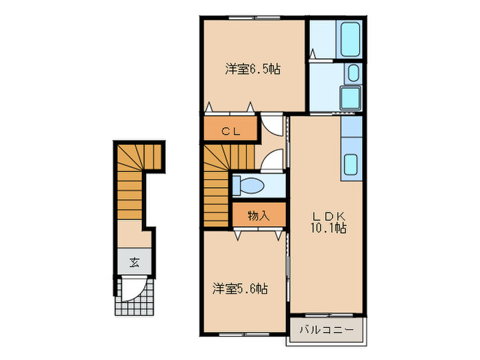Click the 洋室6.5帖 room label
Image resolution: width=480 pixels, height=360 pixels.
coord(254,69)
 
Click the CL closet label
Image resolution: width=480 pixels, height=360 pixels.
coord(229,132)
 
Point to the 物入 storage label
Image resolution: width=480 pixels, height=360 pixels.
coord(257,215)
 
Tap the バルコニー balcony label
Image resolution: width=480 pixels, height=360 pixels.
coord(326,331)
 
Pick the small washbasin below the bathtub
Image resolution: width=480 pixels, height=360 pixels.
coord(353,73)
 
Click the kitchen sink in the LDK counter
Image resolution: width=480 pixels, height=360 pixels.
coord(350,164)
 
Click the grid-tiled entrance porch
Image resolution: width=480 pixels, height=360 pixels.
coord(135,296)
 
